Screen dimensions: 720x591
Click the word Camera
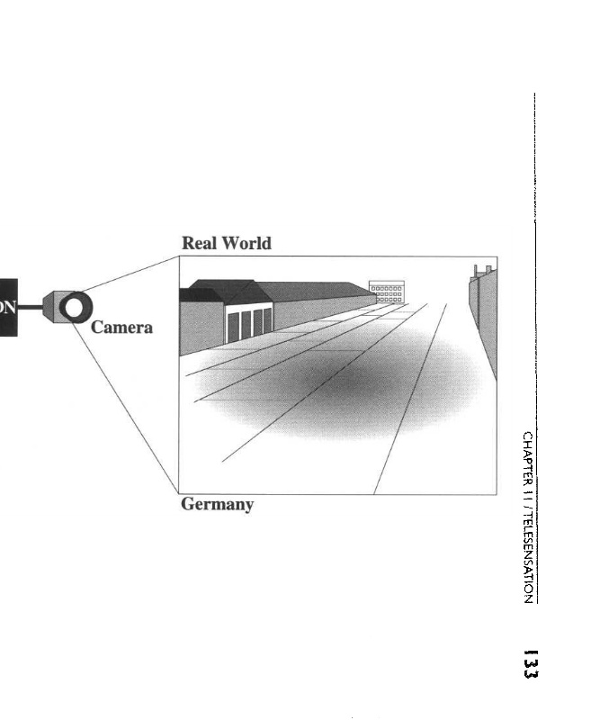point(121,328)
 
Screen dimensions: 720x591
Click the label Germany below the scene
point(217,504)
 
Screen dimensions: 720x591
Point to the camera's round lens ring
point(76,308)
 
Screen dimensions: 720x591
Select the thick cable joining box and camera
point(30,307)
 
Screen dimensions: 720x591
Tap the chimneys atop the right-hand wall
point(481,269)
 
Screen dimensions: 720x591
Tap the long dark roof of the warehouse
point(315,291)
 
